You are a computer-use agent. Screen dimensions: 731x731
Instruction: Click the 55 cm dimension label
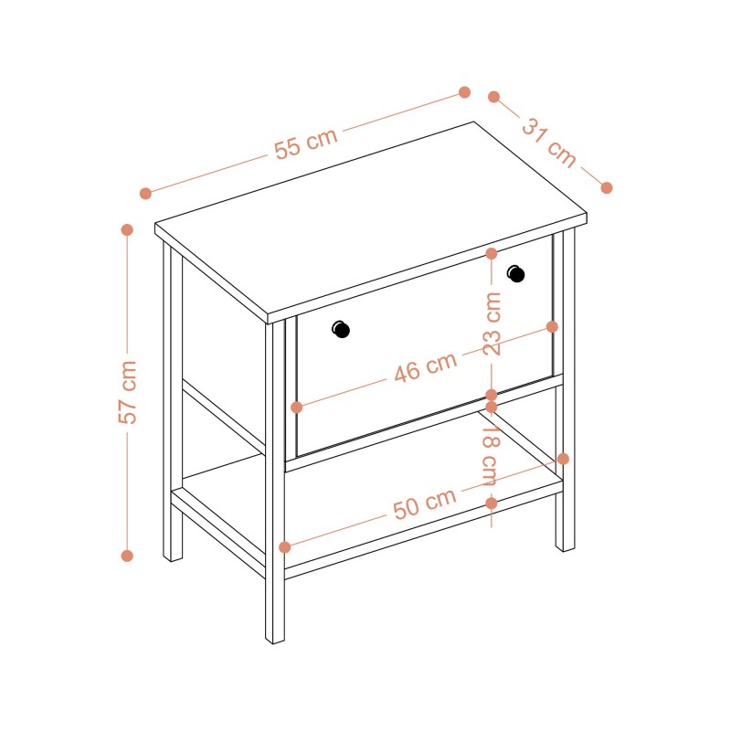[305, 143]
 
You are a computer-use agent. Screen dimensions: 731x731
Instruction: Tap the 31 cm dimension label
[549, 143]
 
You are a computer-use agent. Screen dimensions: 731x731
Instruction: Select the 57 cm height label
[127, 392]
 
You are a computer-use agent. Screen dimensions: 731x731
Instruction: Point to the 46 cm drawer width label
[425, 368]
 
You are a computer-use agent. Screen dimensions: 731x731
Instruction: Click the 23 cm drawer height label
[492, 324]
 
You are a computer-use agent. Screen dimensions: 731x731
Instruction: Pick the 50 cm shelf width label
[424, 504]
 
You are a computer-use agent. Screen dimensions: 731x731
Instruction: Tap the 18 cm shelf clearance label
[491, 456]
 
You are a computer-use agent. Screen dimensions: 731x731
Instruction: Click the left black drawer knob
[341, 330]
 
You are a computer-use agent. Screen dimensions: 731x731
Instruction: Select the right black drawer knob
[515, 273]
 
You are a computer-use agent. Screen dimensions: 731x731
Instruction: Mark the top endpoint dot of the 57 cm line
[127, 230]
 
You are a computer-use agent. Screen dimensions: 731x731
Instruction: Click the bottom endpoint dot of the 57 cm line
[127, 556]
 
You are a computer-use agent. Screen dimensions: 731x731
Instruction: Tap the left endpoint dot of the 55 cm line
[145, 194]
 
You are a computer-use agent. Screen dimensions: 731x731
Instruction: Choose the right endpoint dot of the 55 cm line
[464, 92]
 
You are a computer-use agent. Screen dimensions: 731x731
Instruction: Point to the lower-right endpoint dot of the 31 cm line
[606, 188]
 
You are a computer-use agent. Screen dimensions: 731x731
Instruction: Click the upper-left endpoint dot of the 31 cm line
[493, 97]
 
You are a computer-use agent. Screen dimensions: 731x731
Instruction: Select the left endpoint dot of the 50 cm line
[284, 547]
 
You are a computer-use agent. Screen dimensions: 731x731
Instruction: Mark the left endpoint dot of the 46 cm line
[296, 408]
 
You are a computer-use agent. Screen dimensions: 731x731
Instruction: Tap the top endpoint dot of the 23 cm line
[492, 254]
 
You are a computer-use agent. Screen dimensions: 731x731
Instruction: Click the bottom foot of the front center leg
[275, 641]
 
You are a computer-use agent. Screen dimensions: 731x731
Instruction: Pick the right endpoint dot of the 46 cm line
[552, 327]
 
